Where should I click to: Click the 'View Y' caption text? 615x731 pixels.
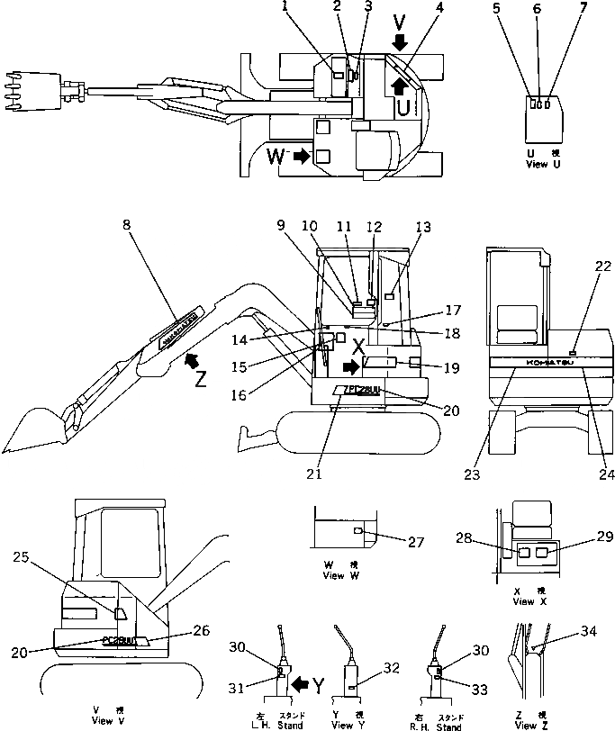346,725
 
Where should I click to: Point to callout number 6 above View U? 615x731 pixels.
538,10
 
